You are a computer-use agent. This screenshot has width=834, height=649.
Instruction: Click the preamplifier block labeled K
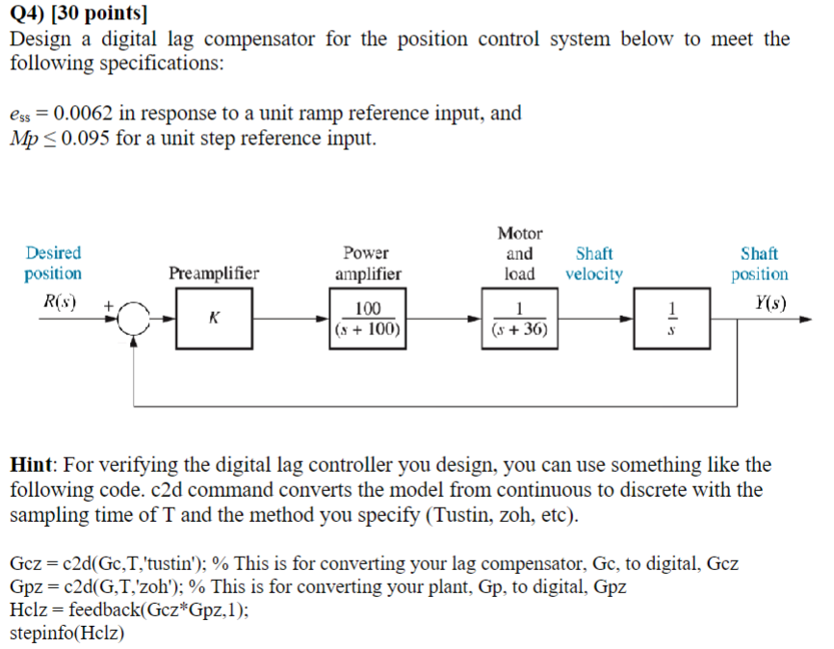213,320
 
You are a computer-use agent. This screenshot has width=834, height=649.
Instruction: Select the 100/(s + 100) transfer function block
368,320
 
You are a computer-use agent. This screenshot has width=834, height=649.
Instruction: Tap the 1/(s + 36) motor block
518,320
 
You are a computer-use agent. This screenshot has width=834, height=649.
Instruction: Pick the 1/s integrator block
674,320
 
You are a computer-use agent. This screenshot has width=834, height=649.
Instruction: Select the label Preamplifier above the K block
214,273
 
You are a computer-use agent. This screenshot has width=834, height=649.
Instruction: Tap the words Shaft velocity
593,264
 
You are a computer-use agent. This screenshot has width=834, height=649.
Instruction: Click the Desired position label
54,263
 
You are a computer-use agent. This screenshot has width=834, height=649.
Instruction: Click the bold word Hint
35,465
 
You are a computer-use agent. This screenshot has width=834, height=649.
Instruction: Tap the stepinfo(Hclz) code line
66,634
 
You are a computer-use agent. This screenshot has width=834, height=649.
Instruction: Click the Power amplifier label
367,264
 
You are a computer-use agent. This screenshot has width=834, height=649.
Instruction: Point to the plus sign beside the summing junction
111,305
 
